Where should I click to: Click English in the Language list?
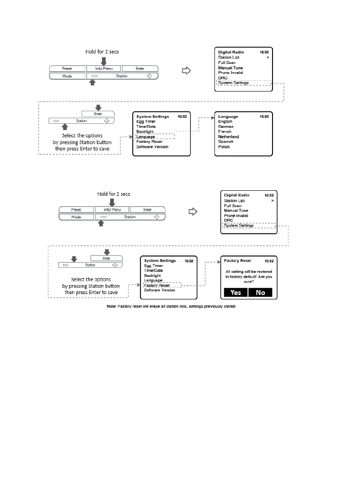[225, 121]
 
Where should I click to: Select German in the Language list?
[226, 126]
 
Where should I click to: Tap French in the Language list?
[225, 131]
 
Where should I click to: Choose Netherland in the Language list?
[229, 136]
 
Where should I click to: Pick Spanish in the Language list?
[226, 142]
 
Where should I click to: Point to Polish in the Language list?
[224, 147]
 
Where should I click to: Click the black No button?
[260, 293]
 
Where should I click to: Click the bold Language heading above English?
[228, 116]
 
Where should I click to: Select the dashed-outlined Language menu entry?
[146, 136]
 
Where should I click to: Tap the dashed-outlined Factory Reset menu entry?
[157, 285]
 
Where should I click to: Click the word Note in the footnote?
[111, 307]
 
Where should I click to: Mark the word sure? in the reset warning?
[248, 281]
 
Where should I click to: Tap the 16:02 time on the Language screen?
[264, 116]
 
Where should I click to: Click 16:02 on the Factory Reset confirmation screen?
[268, 261]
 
